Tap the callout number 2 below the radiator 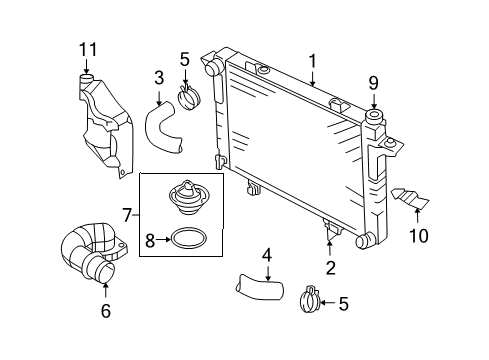(x=329, y=267)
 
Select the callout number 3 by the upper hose (x=159, y=76)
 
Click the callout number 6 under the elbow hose (x=106, y=311)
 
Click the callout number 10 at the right (x=418, y=236)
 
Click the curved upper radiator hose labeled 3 (x=163, y=129)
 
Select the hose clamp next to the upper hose (x=188, y=98)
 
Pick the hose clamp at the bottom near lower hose (x=313, y=297)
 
